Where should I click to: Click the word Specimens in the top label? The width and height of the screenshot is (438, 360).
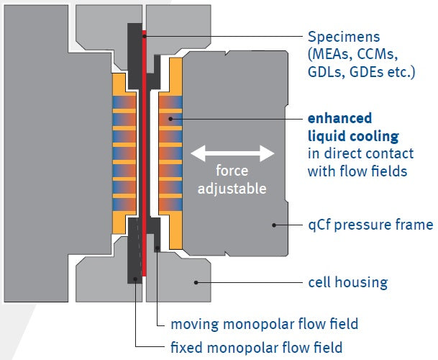pyautogui.click(x=340, y=37)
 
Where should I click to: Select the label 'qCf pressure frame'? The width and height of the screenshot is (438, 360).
pyautogui.click(x=370, y=225)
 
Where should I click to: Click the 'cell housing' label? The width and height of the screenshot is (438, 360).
pyautogui.click(x=347, y=282)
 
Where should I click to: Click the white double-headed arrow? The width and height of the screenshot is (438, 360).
pyautogui.click(x=232, y=153)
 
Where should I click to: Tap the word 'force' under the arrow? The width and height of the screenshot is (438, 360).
pyautogui.click(x=233, y=172)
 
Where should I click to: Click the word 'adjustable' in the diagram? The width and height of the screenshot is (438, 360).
pyautogui.click(x=233, y=189)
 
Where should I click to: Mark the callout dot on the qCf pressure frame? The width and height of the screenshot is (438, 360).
pyautogui.click(x=274, y=225)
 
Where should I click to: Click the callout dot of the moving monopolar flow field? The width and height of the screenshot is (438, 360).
pyautogui.click(x=157, y=248)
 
